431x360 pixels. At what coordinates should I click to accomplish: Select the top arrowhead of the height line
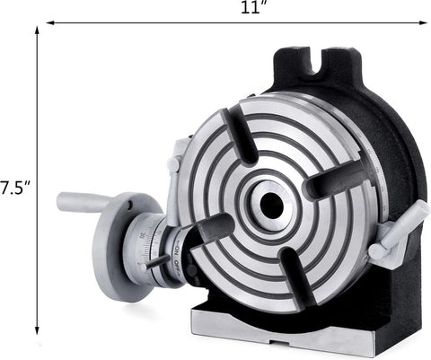(x=37, y=31)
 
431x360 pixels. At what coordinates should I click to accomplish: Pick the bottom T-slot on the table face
(x=292, y=278)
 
